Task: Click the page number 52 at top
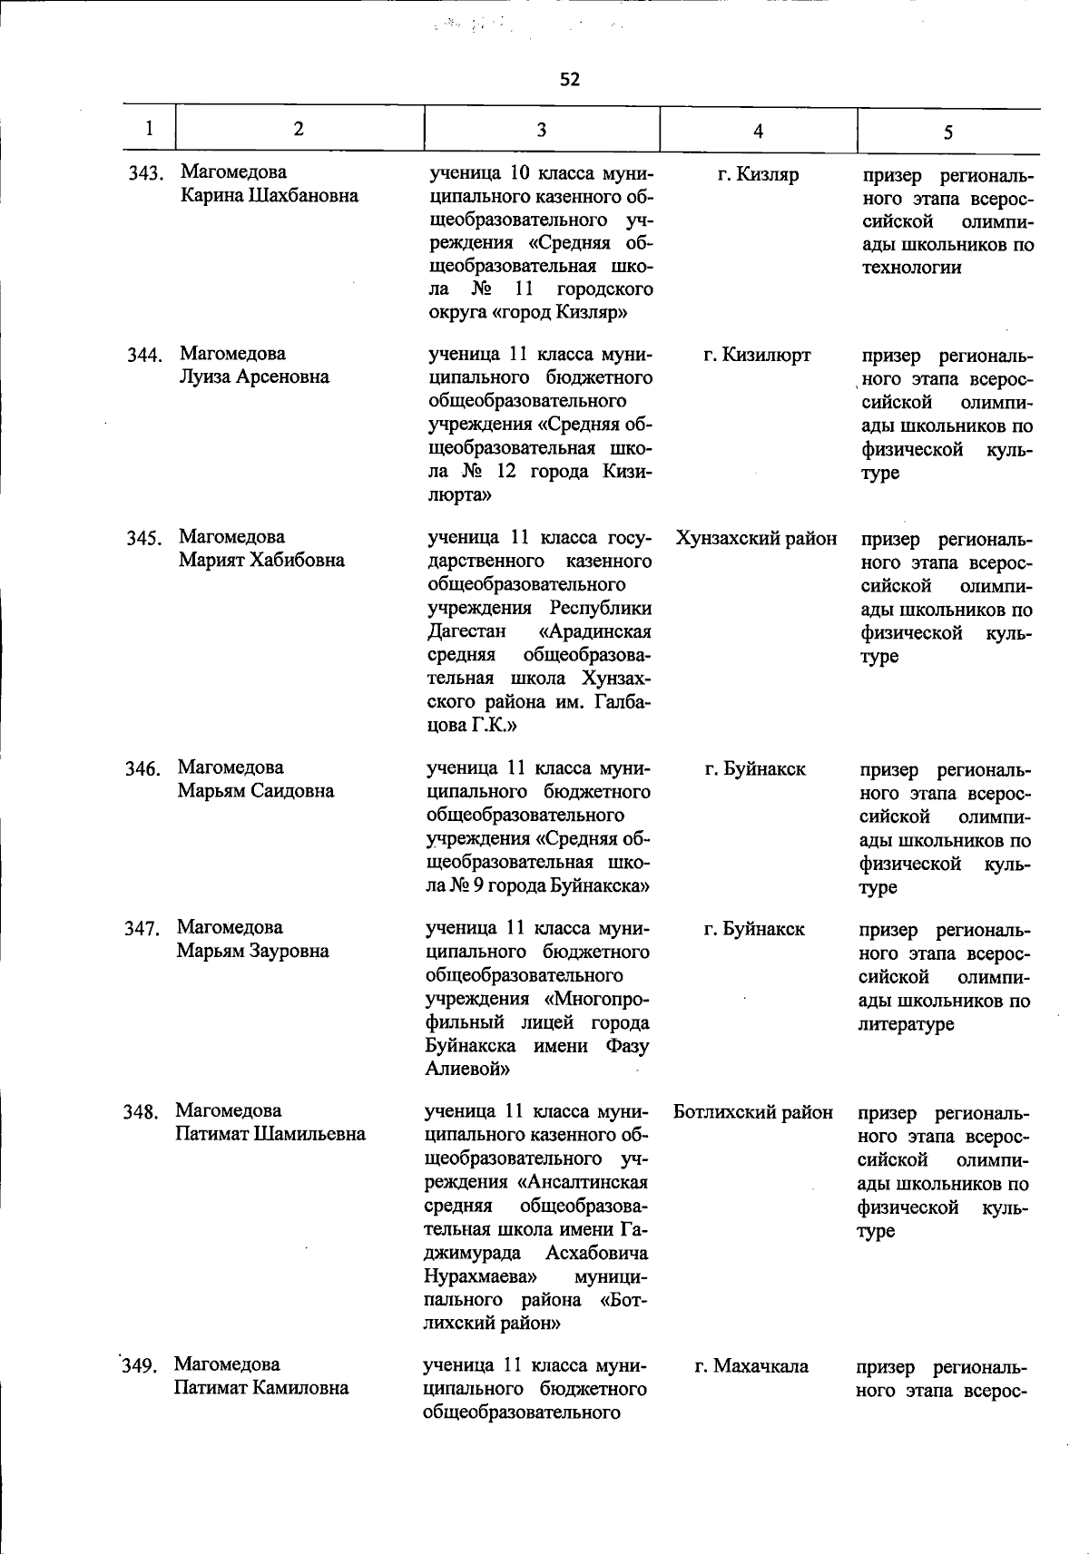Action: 569,80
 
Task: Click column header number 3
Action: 541,130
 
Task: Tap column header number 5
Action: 947,132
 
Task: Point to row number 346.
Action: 142,769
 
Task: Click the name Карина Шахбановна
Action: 270,196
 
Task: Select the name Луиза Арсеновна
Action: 254,376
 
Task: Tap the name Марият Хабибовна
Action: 261,560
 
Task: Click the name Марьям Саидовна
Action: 256,790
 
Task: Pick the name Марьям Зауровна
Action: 252,951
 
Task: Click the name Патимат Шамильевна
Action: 270,1134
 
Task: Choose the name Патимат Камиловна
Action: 261,1388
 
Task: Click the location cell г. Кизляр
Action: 757,175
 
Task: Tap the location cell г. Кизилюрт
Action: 757,356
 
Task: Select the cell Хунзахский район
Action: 756,539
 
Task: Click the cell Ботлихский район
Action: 753,1112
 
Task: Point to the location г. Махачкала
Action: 751,1366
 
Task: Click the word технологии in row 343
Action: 911,268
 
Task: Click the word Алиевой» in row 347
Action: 467,1070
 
